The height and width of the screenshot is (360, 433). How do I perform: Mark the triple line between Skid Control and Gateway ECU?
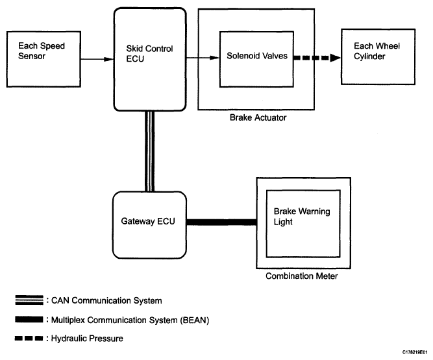(x=149, y=150)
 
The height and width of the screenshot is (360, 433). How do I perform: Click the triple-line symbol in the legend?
(x=29, y=300)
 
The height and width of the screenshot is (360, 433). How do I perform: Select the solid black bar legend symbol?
(x=29, y=319)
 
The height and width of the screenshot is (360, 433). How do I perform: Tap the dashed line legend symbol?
(x=29, y=338)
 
